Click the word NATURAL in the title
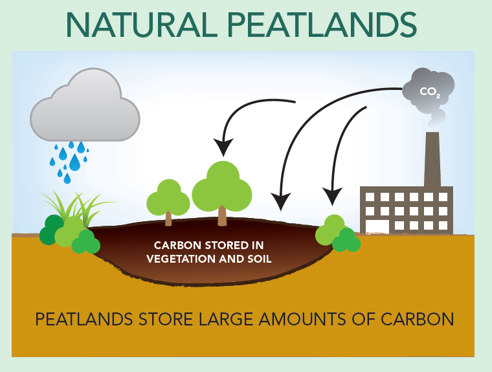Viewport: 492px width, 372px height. (x=142, y=25)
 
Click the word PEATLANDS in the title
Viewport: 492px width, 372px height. (x=322, y=25)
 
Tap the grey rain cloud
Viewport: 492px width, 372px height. (x=85, y=105)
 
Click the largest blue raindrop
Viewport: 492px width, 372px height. (x=74, y=162)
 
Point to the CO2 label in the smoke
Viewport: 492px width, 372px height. (x=430, y=92)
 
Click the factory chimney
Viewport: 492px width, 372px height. (x=432, y=159)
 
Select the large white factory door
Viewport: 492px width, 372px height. (x=377, y=226)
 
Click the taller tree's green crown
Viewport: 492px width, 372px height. (x=222, y=186)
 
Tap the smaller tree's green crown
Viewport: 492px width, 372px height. (x=168, y=197)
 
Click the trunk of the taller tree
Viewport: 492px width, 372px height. (x=222, y=216)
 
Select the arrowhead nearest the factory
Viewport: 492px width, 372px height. (x=332, y=197)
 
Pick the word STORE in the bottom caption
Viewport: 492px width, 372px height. (x=165, y=320)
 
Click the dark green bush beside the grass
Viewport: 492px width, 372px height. (x=51, y=230)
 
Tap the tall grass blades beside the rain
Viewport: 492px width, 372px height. (x=78, y=207)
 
